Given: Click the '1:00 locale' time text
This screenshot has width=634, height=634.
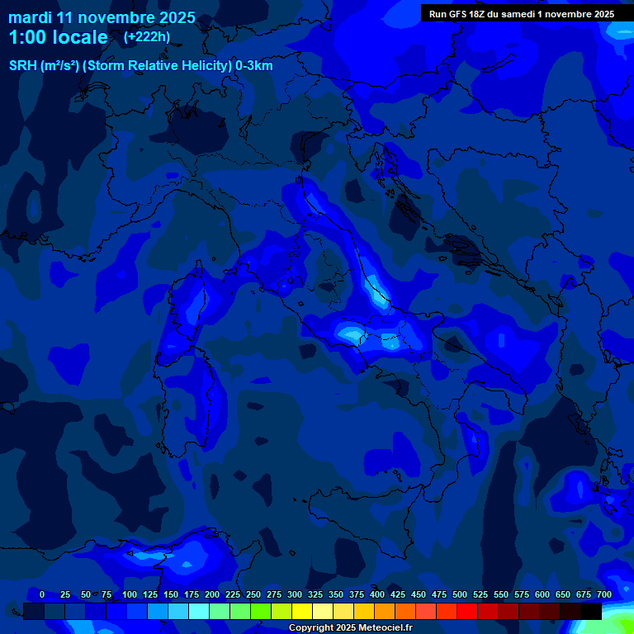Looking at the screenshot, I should tap(58, 37).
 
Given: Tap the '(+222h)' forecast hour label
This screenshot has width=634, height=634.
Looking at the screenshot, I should tap(146, 36).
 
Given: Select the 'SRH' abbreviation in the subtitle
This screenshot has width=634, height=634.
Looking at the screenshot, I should tap(22, 66).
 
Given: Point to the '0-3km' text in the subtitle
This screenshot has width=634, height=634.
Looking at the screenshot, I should tap(254, 66).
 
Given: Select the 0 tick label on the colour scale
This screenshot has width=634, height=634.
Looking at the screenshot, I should tap(42, 594).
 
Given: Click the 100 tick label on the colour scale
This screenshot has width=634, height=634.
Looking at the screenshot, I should tap(130, 594).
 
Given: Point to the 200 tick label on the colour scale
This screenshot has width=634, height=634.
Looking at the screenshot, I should tap(212, 594).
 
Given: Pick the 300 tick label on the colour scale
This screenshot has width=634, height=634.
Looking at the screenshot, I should tap(295, 594).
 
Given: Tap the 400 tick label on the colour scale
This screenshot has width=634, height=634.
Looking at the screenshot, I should tap(377, 594).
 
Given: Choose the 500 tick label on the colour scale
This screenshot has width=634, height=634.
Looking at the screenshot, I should tap(460, 594).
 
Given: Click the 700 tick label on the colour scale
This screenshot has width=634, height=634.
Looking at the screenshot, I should tap(603, 594).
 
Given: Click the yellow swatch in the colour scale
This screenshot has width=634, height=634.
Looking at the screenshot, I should tap(302, 611).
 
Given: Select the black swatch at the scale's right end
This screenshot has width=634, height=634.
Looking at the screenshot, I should tap(591, 611).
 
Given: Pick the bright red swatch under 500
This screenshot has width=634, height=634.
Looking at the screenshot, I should tap(467, 611).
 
